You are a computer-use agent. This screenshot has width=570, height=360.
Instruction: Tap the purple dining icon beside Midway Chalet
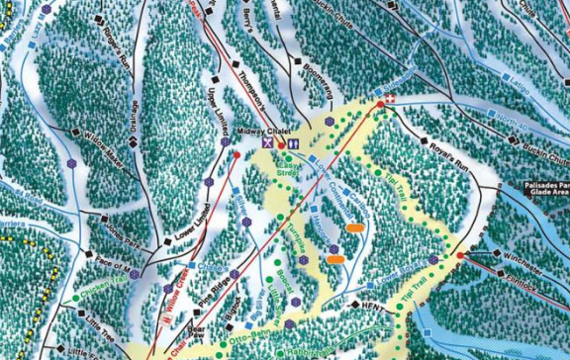coord(266,144)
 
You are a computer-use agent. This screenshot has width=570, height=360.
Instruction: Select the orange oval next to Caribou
coord(354,227)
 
